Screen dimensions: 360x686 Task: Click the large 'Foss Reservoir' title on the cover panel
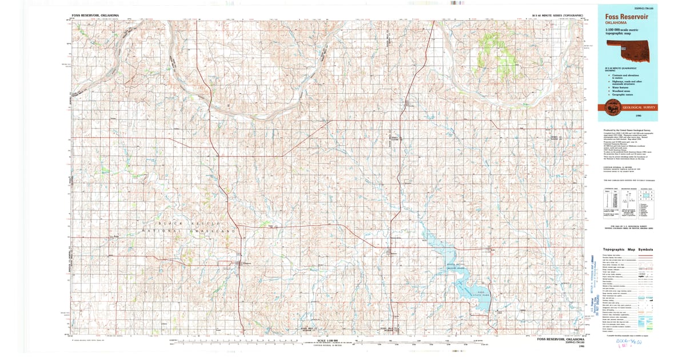pyautogui.click(x=627, y=17)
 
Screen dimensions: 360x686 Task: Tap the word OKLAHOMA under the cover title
pyautogui.click(x=615, y=24)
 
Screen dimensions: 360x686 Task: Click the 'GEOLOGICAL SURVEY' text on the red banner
pyautogui.click(x=640, y=107)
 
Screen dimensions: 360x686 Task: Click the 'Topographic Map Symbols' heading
pyautogui.click(x=626, y=250)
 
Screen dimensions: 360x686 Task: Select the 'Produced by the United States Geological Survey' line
pyautogui.click(x=627, y=130)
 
